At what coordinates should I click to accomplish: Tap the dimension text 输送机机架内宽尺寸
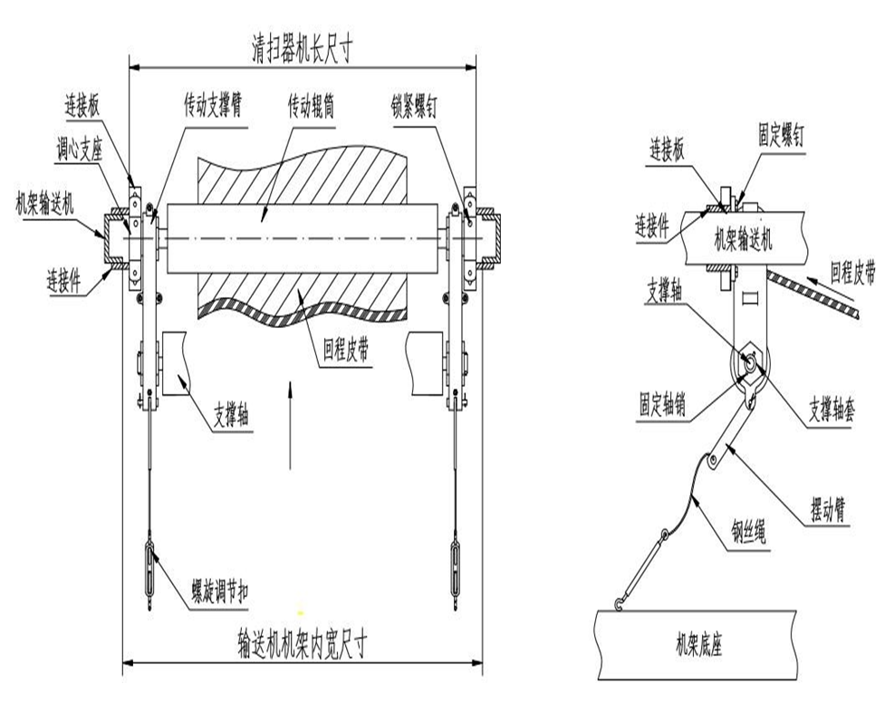303,645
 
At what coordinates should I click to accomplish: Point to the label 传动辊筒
312,106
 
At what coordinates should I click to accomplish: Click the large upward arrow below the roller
289,426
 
